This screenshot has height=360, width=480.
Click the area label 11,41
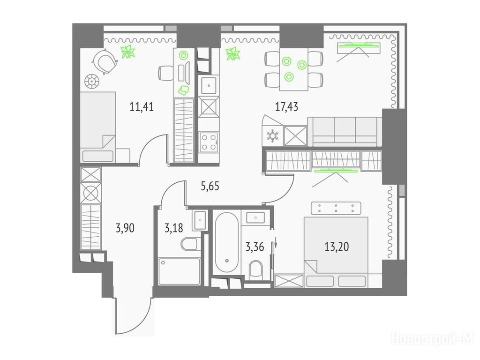(142, 107)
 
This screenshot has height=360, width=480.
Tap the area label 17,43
(286, 107)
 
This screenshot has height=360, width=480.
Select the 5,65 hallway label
(210, 186)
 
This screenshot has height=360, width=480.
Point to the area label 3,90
(125, 228)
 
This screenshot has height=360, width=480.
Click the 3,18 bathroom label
(173, 228)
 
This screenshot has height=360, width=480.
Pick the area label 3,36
(255, 247)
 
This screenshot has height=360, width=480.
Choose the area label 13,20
(337, 247)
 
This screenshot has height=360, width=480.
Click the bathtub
(226, 242)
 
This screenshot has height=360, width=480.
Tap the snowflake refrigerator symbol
(272, 136)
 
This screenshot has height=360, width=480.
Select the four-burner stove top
(209, 142)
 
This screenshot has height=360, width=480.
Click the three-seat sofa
(345, 132)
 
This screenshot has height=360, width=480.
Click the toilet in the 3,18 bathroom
(190, 244)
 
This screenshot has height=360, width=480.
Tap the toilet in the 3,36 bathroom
(256, 270)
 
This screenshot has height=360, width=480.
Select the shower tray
(179, 271)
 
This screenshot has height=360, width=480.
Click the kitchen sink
(209, 85)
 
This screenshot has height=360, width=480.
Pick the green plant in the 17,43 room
(233, 54)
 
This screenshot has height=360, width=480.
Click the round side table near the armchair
(92, 81)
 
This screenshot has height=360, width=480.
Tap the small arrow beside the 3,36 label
(276, 242)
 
